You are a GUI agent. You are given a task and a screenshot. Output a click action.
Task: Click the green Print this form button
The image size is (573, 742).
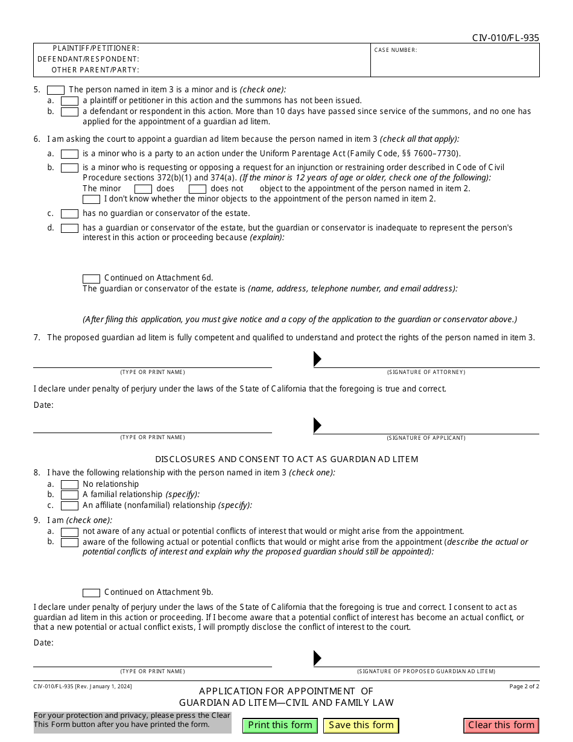click(x=280, y=725)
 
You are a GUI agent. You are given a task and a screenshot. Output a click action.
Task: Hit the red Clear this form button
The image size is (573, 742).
click(x=501, y=725)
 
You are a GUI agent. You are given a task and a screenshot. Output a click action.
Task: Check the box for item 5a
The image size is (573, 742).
click(x=69, y=101)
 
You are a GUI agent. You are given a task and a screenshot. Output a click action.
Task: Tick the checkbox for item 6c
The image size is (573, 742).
click(x=69, y=214)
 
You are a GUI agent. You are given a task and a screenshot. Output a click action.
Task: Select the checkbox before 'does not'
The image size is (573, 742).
click(x=197, y=189)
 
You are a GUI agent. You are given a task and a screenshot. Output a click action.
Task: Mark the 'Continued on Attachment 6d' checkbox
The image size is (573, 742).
click(x=91, y=279)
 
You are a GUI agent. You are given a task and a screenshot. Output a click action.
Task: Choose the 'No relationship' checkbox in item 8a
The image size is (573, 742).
click(x=69, y=484)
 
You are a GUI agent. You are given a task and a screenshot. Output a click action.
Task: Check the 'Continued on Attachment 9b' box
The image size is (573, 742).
click(x=91, y=593)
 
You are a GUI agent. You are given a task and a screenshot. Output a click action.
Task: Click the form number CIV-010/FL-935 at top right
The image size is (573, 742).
click(x=505, y=38)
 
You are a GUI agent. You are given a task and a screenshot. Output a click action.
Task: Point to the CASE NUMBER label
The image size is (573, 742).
click(x=396, y=50)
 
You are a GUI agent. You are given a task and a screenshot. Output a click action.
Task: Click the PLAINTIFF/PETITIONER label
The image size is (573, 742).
click(x=96, y=48)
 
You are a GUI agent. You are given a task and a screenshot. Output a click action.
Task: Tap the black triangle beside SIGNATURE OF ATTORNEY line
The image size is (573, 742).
click(x=317, y=359)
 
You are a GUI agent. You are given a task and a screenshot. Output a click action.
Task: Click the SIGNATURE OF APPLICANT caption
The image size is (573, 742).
click(x=426, y=437)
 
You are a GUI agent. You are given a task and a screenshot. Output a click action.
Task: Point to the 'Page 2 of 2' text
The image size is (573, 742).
click(x=524, y=687)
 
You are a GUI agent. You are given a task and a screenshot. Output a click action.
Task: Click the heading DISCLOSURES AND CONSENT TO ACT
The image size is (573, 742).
click(x=286, y=459)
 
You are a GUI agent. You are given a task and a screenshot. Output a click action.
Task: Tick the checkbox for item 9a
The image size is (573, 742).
click(x=69, y=532)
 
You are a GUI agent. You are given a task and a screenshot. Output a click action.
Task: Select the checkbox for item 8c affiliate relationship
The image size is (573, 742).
click(x=69, y=506)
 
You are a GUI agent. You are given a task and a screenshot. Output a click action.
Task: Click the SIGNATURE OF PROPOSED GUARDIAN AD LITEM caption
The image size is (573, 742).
click(x=426, y=671)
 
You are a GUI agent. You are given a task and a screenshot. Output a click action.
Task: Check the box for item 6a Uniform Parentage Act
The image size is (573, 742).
click(x=69, y=154)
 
